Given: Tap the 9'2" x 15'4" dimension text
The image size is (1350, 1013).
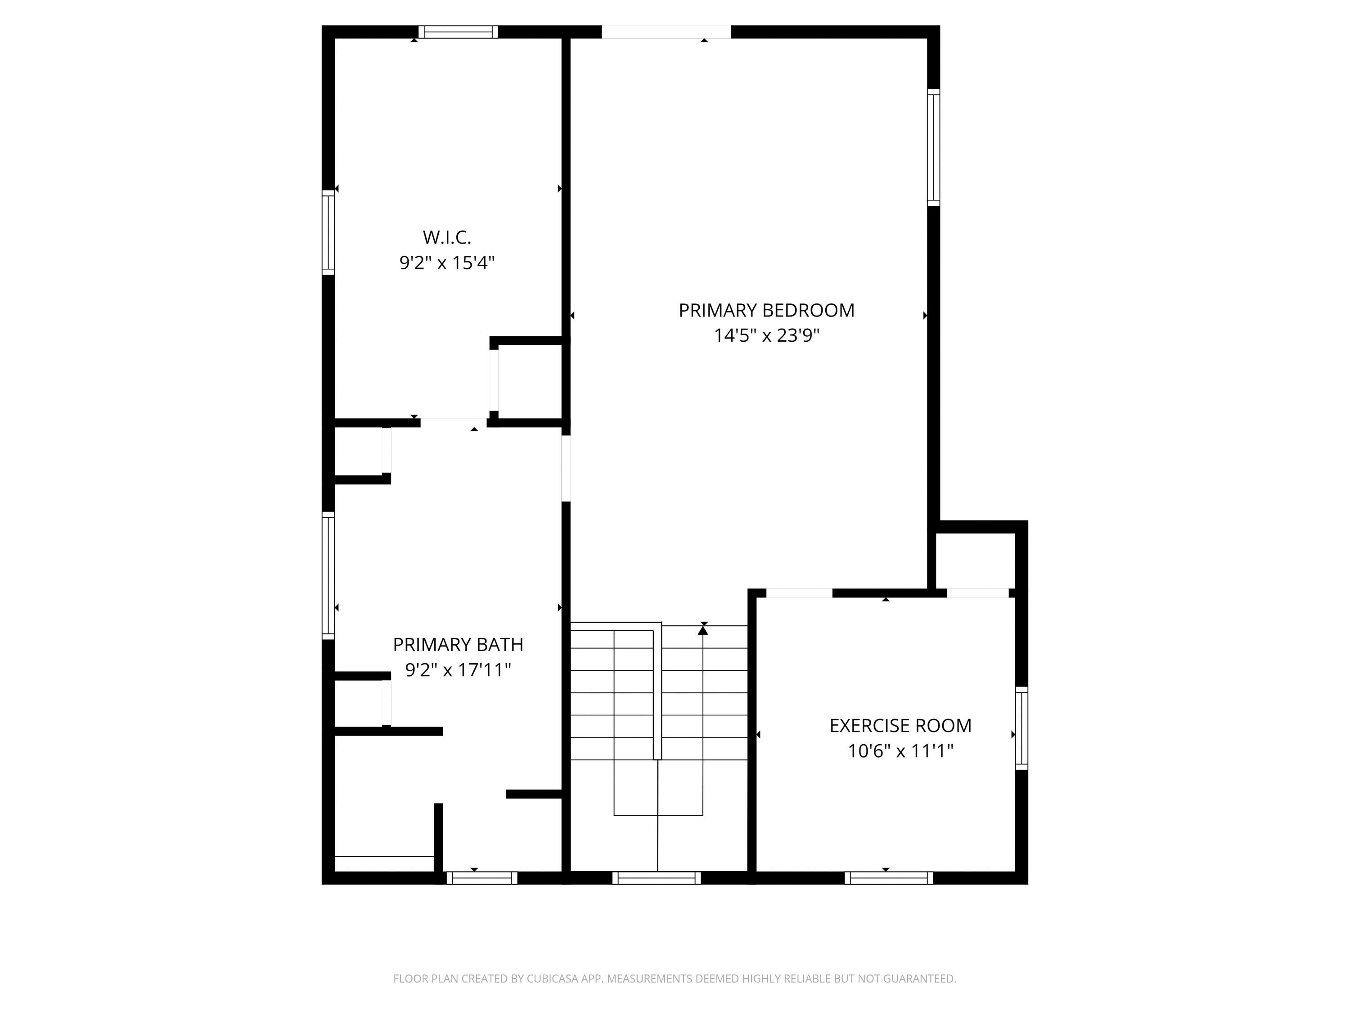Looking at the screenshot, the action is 447,262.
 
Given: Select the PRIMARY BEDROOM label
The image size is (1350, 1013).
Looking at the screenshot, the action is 766,310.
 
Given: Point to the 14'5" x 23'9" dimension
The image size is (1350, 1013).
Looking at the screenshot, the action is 766,335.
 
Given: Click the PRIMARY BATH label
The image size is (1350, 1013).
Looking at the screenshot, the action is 458,644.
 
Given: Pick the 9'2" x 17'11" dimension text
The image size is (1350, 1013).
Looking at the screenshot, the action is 458,670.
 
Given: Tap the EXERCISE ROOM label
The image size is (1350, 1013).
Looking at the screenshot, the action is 900,725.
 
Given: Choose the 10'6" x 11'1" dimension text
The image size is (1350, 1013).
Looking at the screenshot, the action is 900,751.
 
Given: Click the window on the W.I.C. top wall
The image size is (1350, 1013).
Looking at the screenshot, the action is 458,32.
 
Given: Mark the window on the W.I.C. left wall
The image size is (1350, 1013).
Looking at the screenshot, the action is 328,232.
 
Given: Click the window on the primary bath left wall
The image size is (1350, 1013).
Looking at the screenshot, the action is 328,575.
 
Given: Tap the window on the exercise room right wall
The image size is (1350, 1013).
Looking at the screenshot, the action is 1021,728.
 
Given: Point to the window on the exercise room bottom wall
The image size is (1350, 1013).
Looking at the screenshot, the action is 889,878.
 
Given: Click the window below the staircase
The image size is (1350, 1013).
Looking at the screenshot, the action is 657,878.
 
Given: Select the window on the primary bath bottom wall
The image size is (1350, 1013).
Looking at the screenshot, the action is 482,878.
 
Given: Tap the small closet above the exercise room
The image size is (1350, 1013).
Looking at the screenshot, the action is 975,561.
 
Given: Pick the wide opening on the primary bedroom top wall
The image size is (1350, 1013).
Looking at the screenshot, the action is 666,32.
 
